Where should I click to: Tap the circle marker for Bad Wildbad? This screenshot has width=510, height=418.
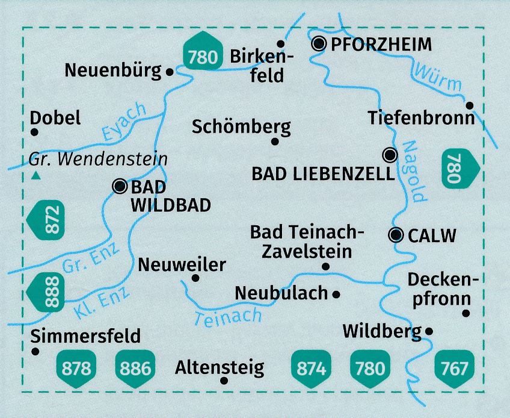click(119, 186)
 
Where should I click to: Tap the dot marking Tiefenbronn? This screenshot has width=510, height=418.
click(470, 105)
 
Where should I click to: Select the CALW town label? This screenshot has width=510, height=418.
click(432, 236)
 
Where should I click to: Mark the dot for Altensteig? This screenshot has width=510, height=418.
click(224, 381)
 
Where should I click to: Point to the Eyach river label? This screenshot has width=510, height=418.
click(124, 123)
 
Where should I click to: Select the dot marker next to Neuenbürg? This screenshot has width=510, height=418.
click(170, 72)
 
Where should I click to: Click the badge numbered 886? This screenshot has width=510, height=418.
click(135, 367)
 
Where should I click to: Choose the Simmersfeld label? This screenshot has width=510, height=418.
click(88, 335)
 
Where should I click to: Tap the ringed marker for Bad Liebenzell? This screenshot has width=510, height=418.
click(391, 155)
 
